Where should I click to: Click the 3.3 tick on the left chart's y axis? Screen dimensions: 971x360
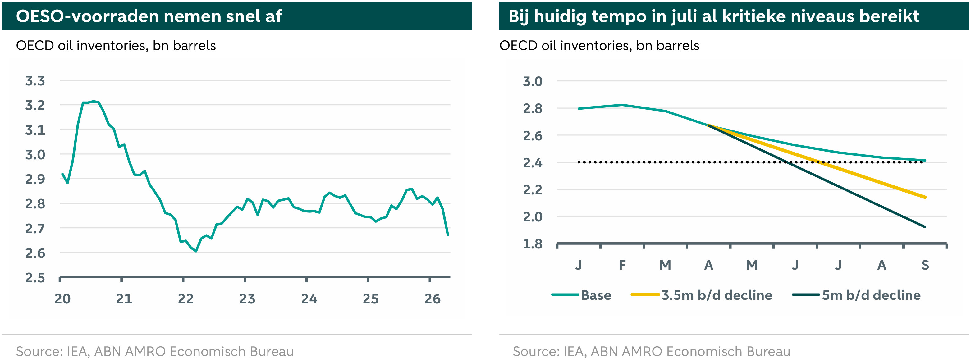(x=35, y=81)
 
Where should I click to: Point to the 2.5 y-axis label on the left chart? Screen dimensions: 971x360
(x=35, y=278)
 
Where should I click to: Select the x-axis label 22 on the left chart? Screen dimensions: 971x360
(x=185, y=299)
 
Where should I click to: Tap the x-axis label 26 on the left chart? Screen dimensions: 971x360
(x=432, y=299)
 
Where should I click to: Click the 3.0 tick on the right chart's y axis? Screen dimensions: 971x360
(x=532, y=81)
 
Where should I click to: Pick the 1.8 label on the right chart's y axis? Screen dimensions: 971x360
(x=532, y=244)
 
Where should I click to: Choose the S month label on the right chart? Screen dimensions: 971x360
(x=925, y=265)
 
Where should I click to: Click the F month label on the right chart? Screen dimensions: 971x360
(x=622, y=265)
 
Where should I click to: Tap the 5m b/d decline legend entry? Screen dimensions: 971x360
(x=856, y=295)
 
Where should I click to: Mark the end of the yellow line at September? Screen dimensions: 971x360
(x=925, y=197)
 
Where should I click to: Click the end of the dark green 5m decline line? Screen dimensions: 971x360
(x=925, y=227)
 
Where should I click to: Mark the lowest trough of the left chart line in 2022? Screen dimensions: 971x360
(x=196, y=251)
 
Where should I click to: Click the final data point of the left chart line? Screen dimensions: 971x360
(x=448, y=235)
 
